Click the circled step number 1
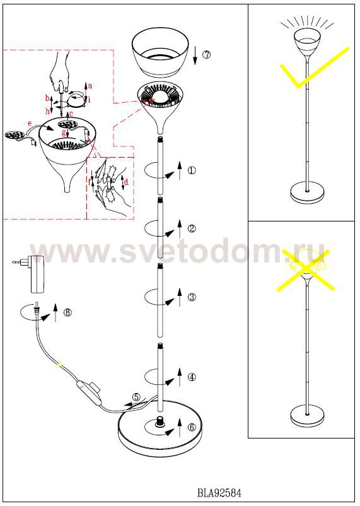coord(192,170)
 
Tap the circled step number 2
coord(192,228)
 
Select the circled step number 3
coord(192,297)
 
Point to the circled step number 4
coord(192,377)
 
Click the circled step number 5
coord(136,397)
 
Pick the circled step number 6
coord(192,427)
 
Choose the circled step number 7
coord(206,54)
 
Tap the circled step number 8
coord(67,312)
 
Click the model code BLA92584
coord(219,493)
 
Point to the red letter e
coord(30,123)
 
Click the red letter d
coord(126,182)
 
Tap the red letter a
coord(90,86)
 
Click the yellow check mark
coord(315,68)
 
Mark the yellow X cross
coord(305,270)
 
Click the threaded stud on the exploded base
coord(159,421)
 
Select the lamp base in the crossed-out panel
coord(307,416)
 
